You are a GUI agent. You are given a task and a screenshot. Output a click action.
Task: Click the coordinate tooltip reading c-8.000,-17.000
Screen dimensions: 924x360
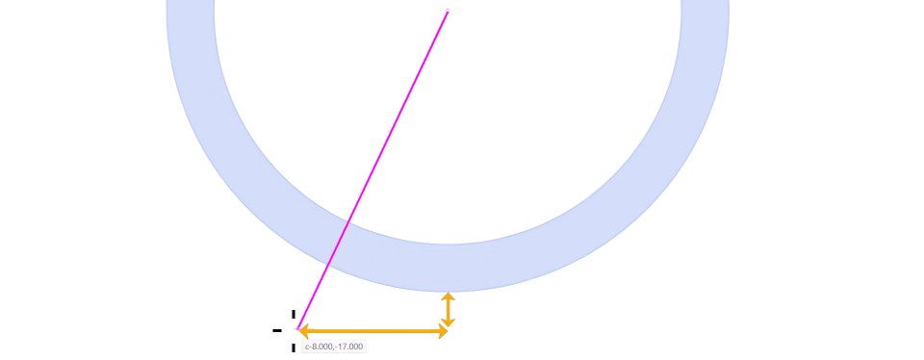point(335,347)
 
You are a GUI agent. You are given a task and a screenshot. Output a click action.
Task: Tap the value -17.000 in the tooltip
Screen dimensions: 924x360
point(347,347)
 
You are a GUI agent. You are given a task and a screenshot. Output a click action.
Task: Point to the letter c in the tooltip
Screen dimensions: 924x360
point(307,347)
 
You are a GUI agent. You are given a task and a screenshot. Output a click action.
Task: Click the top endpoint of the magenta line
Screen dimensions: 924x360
point(448,11)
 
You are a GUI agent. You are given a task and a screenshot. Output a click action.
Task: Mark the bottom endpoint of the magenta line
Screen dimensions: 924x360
point(298,328)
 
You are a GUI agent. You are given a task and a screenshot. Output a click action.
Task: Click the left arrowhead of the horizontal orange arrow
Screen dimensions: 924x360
point(303,332)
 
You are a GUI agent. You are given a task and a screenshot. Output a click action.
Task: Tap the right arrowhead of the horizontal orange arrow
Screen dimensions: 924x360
point(443,332)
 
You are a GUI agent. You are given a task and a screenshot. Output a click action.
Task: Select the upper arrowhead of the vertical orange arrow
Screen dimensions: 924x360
point(448,296)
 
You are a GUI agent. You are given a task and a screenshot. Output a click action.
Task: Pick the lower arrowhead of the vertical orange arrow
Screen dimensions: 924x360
point(448,322)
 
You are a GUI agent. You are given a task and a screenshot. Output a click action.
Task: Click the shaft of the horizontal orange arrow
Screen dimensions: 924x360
point(373,332)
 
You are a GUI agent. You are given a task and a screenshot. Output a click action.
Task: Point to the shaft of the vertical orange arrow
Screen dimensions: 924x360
point(448,309)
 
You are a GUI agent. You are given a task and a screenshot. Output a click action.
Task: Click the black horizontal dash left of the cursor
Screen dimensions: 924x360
point(277,330)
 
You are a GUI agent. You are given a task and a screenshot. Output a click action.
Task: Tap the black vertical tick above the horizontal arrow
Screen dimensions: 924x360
point(293,315)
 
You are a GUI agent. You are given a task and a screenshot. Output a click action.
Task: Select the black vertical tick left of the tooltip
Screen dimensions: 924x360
point(293,348)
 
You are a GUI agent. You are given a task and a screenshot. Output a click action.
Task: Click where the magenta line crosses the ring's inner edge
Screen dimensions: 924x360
point(348,221)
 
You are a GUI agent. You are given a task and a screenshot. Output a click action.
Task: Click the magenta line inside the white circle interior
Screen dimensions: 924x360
point(398,116)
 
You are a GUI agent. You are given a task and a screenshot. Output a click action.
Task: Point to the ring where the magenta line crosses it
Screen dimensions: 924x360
point(337,245)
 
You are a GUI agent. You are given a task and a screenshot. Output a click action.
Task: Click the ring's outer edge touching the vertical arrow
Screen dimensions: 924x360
point(448,291)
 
